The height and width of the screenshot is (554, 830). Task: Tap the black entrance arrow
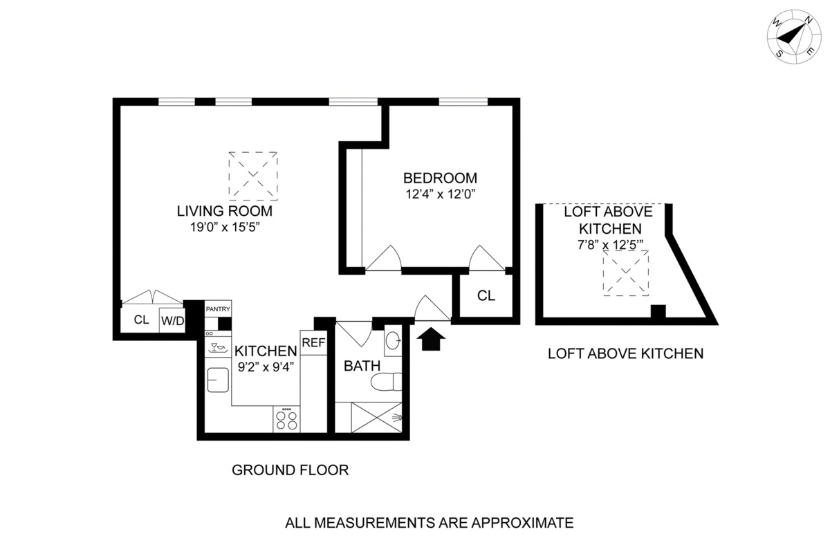[x=434, y=338]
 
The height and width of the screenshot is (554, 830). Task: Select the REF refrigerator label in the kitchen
[x=313, y=342]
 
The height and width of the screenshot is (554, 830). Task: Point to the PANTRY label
[x=217, y=309]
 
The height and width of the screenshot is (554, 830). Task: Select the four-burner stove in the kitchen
[x=287, y=419]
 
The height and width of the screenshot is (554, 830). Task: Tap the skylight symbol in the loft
[x=626, y=273]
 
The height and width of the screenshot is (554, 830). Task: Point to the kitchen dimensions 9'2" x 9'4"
[x=265, y=367]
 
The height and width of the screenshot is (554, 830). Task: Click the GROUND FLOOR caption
[x=290, y=471]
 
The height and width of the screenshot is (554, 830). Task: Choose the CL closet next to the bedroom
[x=486, y=296]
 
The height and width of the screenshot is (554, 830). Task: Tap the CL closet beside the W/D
[x=141, y=320]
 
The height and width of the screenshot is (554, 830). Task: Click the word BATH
[x=362, y=365]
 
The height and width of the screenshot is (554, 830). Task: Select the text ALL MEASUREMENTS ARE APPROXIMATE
[x=429, y=523]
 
